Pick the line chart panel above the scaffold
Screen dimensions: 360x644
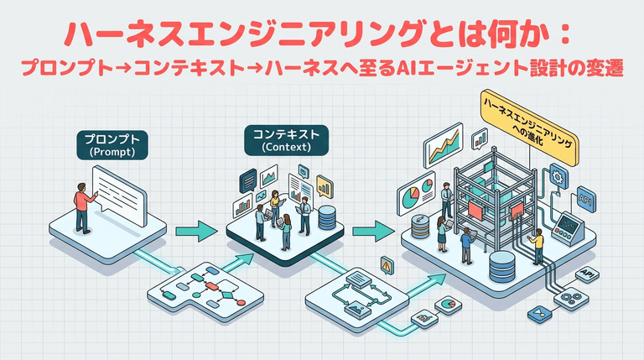(444, 143)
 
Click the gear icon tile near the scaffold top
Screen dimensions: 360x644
(558, 176)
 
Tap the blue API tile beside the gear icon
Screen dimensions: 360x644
(584, 199)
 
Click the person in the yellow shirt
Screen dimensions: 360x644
(537, 246)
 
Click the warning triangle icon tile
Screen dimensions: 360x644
(386, 264)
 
